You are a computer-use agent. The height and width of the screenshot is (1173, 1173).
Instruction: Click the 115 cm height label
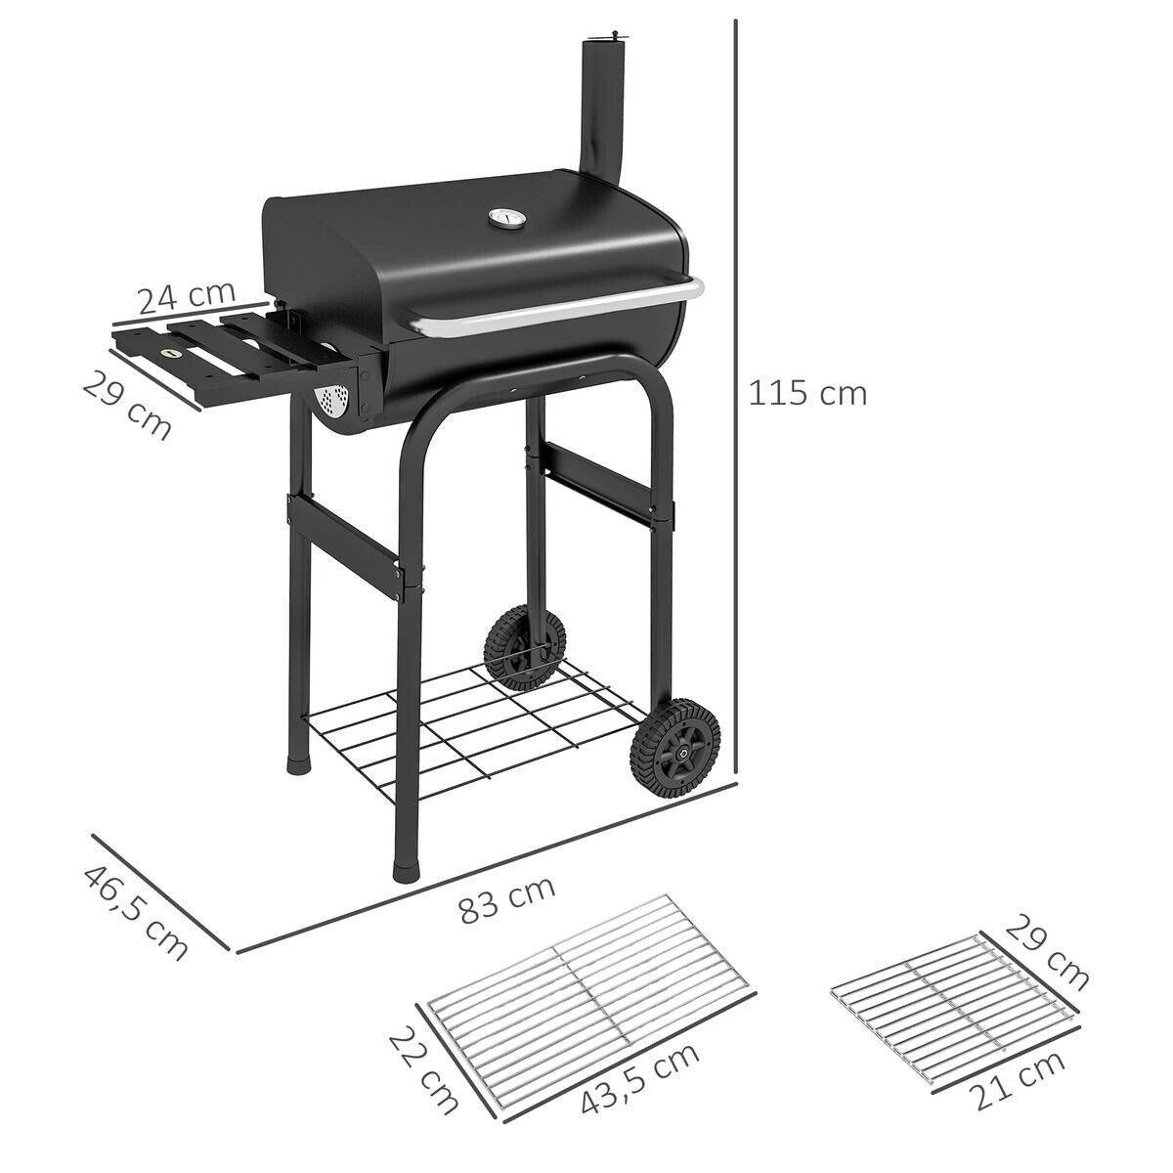807,393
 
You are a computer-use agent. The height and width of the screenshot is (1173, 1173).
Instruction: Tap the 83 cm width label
506,900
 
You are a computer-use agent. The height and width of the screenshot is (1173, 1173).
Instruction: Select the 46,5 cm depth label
135,913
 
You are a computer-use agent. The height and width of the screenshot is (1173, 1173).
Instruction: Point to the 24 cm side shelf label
186,295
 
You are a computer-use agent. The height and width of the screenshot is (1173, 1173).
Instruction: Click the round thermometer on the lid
505,220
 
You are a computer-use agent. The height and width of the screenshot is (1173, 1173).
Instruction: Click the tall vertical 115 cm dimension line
736,391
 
